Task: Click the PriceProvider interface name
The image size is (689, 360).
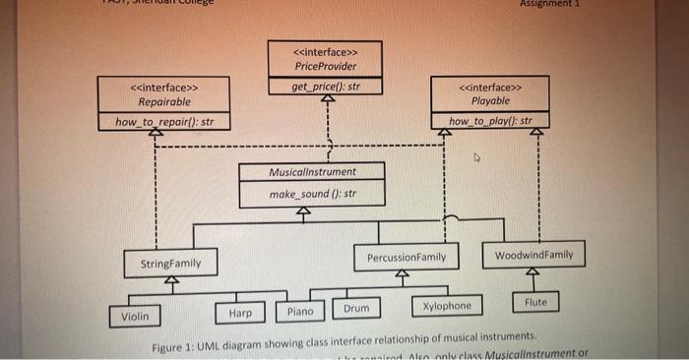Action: [x=325, y=67]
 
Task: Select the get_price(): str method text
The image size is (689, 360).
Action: [x=325, y=87]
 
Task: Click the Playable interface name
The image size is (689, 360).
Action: [x=490, y=101]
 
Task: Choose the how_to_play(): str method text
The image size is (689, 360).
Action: [x=490, y=122]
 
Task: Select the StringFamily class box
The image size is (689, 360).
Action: [x=170, y=264]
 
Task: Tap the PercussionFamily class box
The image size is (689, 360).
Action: [x=406, y=258]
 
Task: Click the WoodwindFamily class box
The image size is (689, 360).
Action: [x=533, y=255]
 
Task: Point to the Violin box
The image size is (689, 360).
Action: [x=135, y=317]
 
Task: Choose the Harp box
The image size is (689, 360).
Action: [x=239, y=312]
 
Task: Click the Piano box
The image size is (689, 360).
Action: [x=300, y=311]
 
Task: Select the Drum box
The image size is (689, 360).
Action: [x=356, y=309]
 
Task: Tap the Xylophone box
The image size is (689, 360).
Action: [x=447, y=306]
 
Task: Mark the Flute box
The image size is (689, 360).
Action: [x=535, y=301]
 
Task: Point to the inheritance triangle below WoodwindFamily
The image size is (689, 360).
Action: [x=533, y=272]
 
